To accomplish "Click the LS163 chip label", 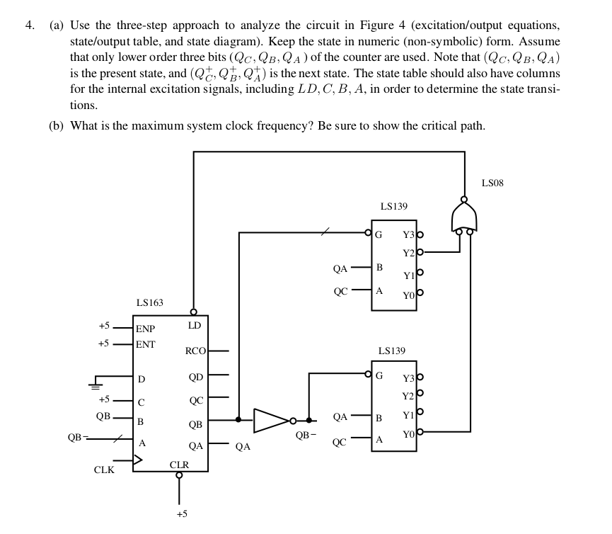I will click(149, 302).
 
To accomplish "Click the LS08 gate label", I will click(492, 183).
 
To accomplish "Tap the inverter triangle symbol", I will click(271, 420).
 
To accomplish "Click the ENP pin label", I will click(145, 329).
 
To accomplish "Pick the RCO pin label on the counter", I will click(195, 351).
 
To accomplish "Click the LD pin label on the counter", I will click(195, 325).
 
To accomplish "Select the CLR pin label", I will click(180, 465).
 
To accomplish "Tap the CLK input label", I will click(104, 470).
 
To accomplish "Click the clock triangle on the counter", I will click(138, 460).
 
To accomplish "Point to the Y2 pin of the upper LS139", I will click(408, 253).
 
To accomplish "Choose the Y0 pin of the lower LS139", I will click(408, 430).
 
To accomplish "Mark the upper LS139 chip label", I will click(393, 206).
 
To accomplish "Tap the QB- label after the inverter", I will click(306, 434).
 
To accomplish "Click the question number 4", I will click(28, 25).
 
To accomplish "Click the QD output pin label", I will click(196, 377).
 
